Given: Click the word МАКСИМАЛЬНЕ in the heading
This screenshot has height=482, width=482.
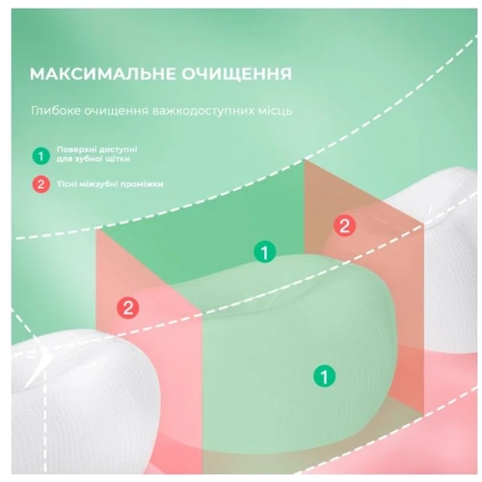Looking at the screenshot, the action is point(103,74).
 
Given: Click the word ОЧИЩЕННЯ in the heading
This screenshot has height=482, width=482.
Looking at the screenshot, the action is point(237,74).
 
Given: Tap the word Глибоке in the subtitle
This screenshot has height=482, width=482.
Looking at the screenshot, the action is point(56,111).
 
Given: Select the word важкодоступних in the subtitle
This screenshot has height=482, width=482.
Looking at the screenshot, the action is point(203,111).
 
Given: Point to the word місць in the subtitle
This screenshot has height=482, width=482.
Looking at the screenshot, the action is point(276,111).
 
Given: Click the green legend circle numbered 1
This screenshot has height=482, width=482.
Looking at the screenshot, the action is point(40,156).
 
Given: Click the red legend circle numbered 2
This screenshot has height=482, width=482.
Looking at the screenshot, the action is point(40,184).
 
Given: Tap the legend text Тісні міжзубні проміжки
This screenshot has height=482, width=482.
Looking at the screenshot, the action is point(110,184).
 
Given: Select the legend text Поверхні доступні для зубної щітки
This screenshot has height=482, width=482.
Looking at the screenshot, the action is point(97,154).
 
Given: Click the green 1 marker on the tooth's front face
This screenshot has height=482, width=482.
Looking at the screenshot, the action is point(325,376).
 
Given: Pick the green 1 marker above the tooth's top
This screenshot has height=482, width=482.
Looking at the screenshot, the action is point(265,252).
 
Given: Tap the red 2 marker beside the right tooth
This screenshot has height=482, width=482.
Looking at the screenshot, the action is point(344,225).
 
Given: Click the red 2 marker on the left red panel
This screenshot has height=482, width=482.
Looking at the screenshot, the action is point(128,308).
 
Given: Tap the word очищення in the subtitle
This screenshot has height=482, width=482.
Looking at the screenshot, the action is point(117,111).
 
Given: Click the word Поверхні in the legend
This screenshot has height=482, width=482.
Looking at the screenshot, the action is point(75,149).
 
